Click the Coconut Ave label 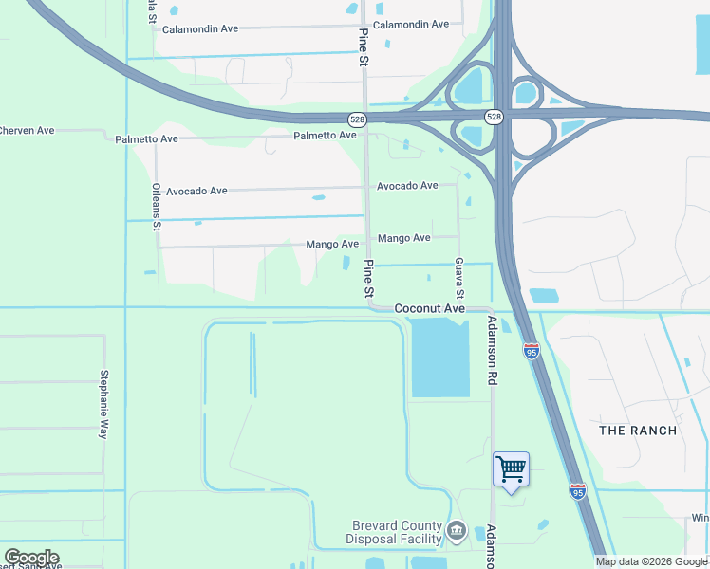tap(429, 309)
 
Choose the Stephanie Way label tap(104, 404)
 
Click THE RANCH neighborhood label tap(638, 431)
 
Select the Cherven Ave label tap(27, 130)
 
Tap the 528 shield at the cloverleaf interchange tap(494, 117)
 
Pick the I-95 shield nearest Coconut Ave tap(532, 352)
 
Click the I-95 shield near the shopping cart tap(578, 490)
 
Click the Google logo tap(31, 558)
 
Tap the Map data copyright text tap(651, 561)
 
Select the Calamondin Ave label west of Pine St tap(199, 29)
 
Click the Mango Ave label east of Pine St tap(404, 238)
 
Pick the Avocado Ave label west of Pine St tap(196, 191)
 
